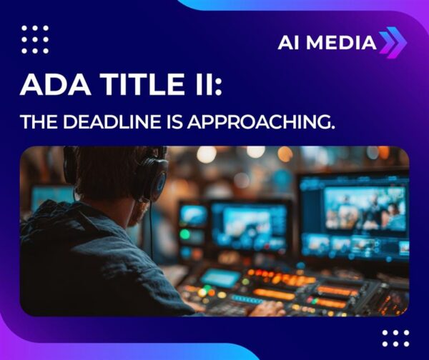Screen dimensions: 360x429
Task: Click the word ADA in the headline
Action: point(48,84)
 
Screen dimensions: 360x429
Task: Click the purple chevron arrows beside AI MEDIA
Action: point(393,41)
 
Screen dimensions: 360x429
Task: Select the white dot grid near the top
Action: point(34,39)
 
